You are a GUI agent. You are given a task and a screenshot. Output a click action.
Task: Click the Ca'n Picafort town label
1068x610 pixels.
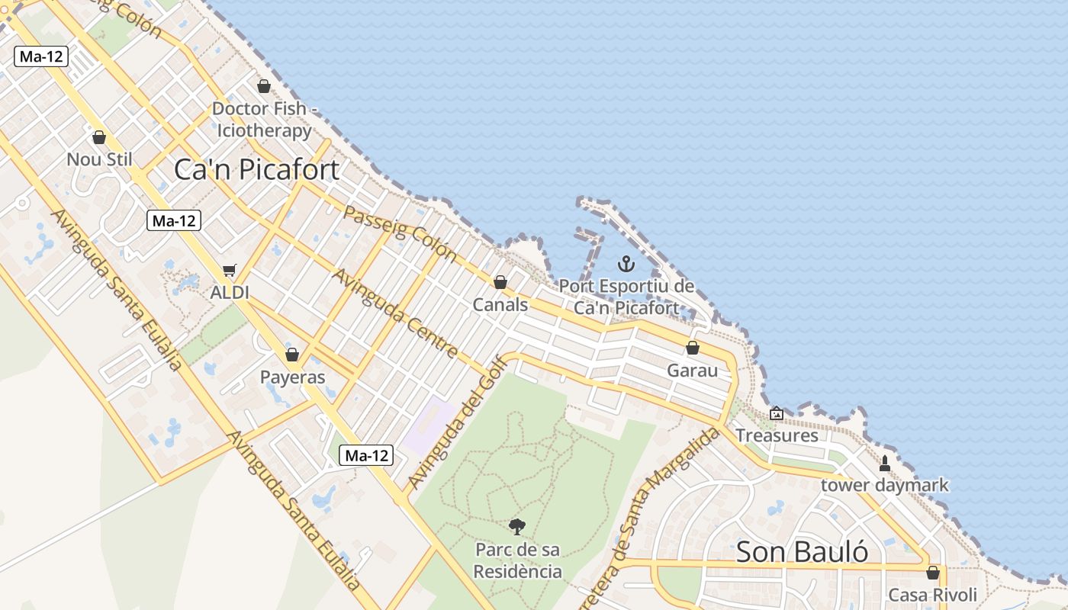pos(256,169)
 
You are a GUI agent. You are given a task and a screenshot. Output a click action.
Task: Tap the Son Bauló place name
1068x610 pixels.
pos(802,551)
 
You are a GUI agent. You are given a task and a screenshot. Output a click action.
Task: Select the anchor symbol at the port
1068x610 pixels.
pos(626,265)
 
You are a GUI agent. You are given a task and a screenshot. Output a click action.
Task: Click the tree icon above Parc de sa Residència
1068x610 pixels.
pos(517,526)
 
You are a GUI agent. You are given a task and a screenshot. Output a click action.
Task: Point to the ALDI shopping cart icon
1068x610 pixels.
pos(230,270)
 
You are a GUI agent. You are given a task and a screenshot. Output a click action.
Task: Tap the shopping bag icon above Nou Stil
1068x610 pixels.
pos(98,137)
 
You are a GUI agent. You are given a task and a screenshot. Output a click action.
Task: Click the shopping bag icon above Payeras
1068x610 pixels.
pos(292,355)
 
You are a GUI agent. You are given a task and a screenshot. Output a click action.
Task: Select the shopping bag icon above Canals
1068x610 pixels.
pos(500,282)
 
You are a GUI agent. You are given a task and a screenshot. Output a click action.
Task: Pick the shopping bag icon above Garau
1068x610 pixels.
pos(693,348)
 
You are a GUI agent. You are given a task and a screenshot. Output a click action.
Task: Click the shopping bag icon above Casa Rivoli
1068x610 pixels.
pos(932,572)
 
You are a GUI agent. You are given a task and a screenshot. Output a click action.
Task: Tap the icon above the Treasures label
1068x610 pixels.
pos(777,413)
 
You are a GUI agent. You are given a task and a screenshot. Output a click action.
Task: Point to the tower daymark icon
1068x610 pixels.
pos(885,463)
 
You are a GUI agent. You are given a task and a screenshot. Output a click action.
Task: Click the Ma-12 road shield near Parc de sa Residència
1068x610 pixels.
pos(366,456)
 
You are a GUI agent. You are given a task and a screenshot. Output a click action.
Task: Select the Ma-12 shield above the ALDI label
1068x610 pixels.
pos(174,221)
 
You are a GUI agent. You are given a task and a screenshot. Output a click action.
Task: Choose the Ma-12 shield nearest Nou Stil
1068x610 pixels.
pos(41,56)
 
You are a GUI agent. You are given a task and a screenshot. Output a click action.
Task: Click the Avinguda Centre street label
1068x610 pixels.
pos(396,313)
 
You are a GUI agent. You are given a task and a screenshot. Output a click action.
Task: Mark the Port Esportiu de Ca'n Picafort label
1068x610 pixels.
pos(626,297)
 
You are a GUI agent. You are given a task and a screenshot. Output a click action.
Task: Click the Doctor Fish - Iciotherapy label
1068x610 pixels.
pos(264,120)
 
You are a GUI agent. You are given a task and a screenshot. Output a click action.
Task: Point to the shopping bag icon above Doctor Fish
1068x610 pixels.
pos(264,86)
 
